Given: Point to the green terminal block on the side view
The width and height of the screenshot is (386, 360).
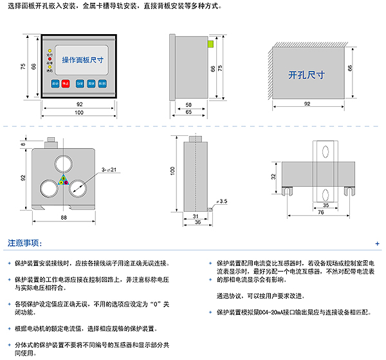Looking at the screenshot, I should [x=210, y=44].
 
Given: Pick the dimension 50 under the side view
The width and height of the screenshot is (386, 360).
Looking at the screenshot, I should [x=188, y=104].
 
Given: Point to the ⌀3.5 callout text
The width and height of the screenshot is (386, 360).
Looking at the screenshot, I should [x=223, y=202].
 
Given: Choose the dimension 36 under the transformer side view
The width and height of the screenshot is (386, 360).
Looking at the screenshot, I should [x=198, y=222].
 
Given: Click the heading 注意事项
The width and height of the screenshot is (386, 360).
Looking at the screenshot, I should [x=24, y=244].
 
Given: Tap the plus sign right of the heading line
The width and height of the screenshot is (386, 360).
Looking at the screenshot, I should [x=377, y=245].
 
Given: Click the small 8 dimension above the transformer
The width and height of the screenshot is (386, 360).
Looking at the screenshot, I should [x=23, y=146].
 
